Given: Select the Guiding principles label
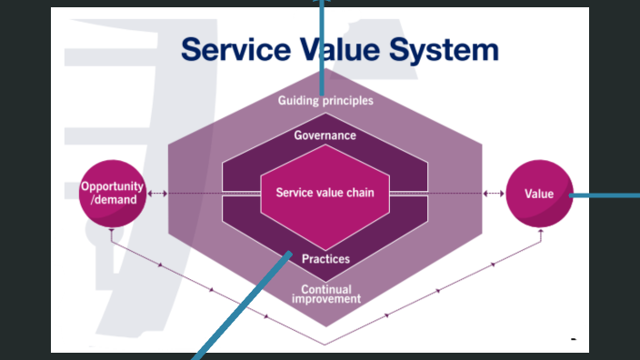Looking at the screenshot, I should click(x=325, y=101).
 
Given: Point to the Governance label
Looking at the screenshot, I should click(x=325, y=135).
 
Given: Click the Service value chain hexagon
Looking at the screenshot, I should click(x=325, y=193).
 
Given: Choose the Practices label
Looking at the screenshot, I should click(x=325, y=259).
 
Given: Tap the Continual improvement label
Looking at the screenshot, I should click(x=325, y=294).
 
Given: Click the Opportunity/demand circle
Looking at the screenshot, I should click(x=114, y=193).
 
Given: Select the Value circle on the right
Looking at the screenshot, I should click(x=539, y=194).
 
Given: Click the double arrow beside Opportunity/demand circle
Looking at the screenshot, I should click(x=158, y=193).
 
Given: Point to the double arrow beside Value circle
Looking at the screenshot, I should click(x=495, y=193).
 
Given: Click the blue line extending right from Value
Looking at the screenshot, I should click(x=605, y=195).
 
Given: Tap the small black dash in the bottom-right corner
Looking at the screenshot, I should click(x=574, y=338).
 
